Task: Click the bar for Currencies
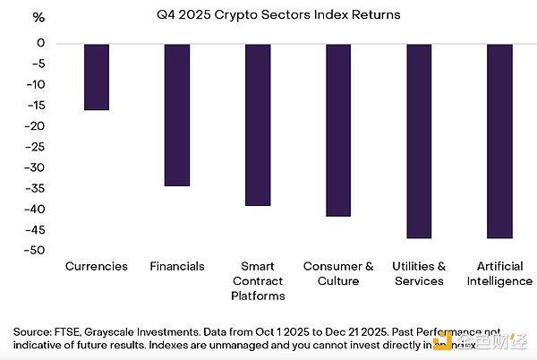click(x=96, y=77)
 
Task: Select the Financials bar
click(x=177, y=115)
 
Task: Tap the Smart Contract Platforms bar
click(x=258, y=124)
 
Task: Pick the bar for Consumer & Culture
click(x=338, y=130)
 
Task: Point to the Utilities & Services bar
click(x=419, y=141)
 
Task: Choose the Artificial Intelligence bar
click(x=499, y=141)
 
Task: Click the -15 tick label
click(x=37, y=106)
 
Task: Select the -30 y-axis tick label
click(x=37, y=167)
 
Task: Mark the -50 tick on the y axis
click(x=37, y=251)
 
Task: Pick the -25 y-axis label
click(x=37, y=147)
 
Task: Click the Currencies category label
click(x=97, y=267)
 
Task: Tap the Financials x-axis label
click(x=177, y=267)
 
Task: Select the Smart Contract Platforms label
click(x=258, y=280)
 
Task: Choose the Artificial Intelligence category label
click(x=499, y=274)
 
